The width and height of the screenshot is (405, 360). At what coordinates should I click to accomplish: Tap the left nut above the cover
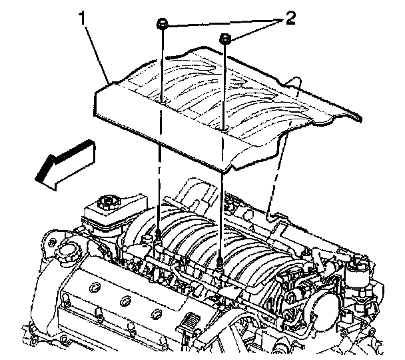coord(163,25)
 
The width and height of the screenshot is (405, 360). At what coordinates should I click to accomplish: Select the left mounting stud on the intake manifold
coord(161,235)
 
